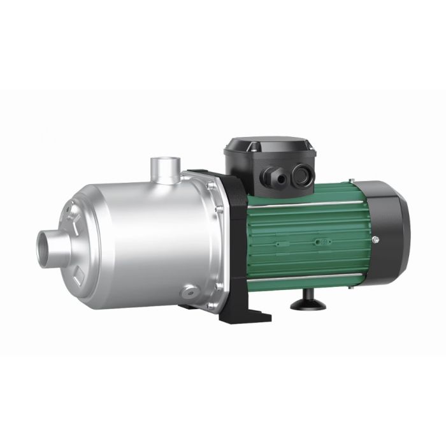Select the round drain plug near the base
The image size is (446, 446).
click(x=189, y=292)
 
